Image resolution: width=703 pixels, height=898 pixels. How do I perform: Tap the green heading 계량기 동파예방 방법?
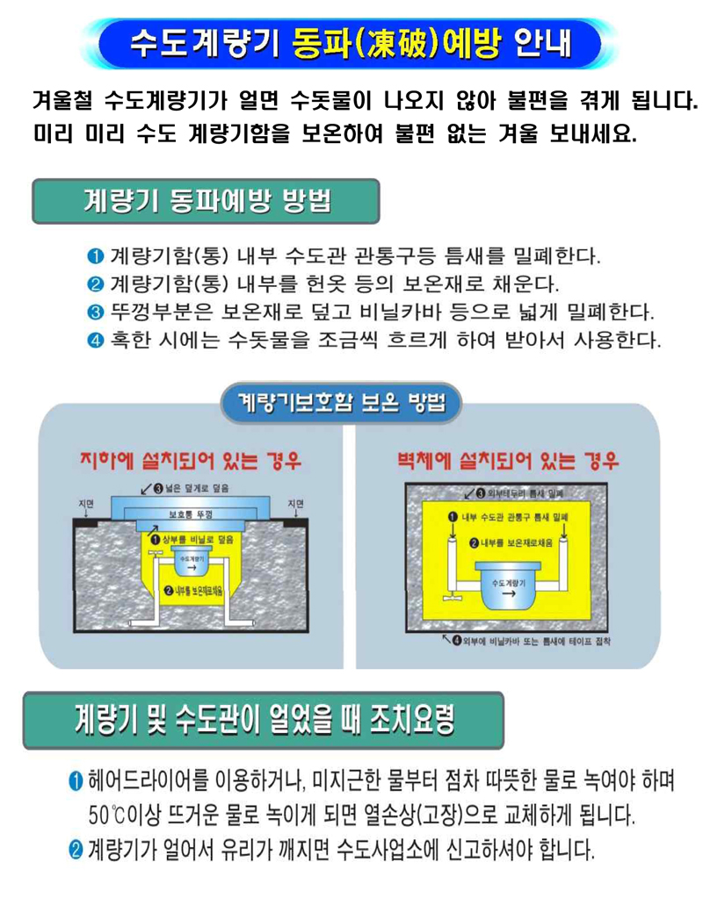tap(206, 201)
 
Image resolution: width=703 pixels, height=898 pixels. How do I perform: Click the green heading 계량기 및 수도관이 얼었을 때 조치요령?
tap(263, 720)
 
